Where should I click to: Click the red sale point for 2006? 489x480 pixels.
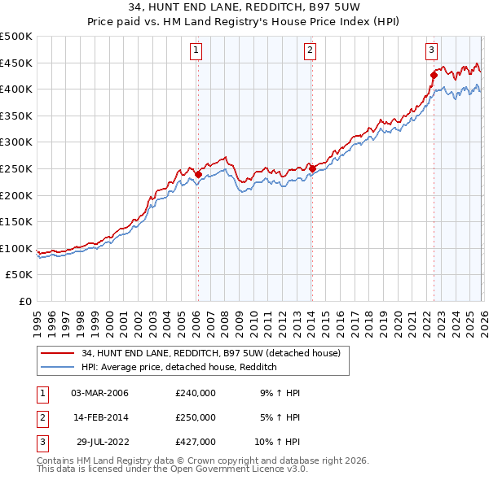(x=198, y=174)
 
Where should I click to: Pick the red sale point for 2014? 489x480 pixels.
(x=312, y=169)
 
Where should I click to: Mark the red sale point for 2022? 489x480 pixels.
(x=434, y=76)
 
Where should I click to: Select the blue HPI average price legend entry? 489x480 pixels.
(x=179, y=368)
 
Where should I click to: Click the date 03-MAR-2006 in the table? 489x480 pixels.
(x=100, y=393)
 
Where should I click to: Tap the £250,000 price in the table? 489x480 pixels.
(x=196, y=417)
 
